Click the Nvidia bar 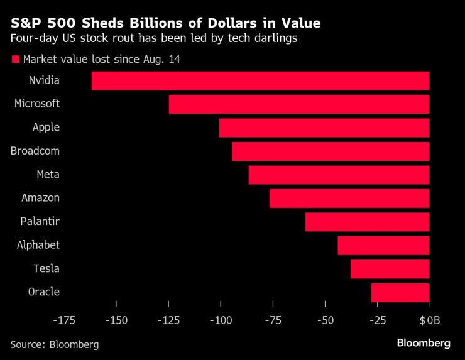(260, 80)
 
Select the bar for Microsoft (299, 104)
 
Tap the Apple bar (324, 128)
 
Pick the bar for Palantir (367, 222)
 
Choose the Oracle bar (400, 292)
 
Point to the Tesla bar (390, 269)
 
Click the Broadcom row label (35, 151)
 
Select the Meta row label (48, 175)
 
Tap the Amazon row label (40, 198)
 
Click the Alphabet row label (38, 245)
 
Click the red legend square (15, 60)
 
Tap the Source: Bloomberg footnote (55, 344)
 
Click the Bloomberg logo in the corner (423, 343)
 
